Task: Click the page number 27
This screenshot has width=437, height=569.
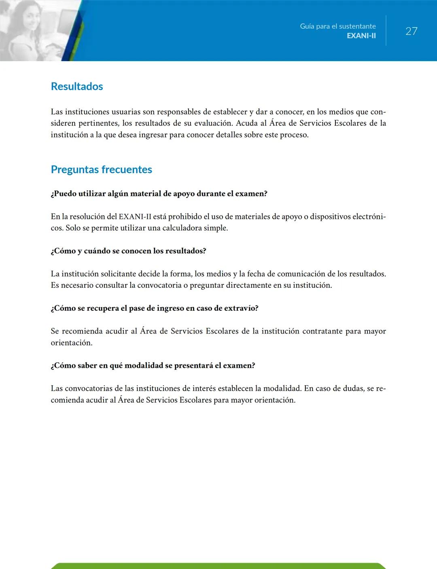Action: (411, 31)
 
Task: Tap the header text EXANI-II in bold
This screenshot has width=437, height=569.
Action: (361, 36)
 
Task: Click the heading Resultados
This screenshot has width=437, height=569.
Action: (77, 86)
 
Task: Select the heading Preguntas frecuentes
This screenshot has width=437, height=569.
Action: (101, 169)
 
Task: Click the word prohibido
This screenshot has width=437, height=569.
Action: (185, 217)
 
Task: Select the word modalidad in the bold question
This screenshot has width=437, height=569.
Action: (143, 365)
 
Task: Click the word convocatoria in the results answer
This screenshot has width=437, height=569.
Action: (159, 285)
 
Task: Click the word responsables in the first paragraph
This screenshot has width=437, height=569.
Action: (179, 112)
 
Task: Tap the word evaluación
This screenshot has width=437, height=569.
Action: (213, 123)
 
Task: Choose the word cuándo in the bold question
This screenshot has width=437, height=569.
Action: (97, 251)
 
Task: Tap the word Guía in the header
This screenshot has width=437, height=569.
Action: (307, 26)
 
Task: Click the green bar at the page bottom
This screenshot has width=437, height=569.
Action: (218, 566)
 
